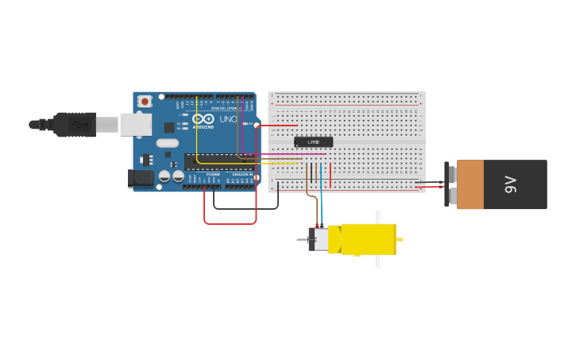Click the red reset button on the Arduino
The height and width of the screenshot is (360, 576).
[x=145, y=101]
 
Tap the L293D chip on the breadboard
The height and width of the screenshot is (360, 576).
[x=313, y=142]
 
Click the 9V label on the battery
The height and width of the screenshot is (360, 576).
[x=510, y=185]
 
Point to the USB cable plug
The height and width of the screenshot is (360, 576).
[x=75, y=125]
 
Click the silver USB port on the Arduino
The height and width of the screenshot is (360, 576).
[x=136, y=124]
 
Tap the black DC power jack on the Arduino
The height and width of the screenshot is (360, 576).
[x=141, y=178]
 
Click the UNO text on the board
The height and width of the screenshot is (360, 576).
[x=228, y=119]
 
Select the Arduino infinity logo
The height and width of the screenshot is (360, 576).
[x=203, y=119]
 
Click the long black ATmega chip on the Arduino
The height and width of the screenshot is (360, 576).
[x=218, y=161]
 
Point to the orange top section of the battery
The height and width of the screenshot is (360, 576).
[x=470, y=184]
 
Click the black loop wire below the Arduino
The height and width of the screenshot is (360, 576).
[x=246, y=208]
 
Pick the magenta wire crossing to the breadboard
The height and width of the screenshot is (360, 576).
[x=286, y=154]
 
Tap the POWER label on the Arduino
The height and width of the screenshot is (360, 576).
[x=213, y=174]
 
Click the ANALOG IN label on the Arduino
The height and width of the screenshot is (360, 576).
[x=242, y=174]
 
